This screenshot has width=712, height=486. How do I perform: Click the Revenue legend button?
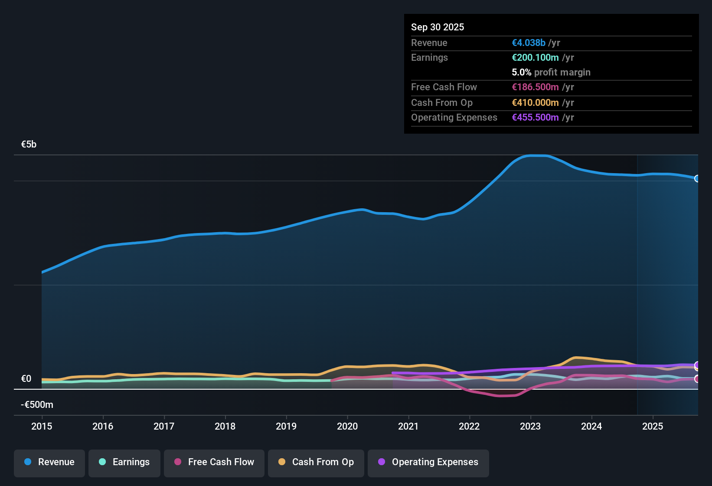point(49,462)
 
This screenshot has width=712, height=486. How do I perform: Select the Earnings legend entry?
point(124,462)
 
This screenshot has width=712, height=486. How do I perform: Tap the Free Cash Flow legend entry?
point(214,462)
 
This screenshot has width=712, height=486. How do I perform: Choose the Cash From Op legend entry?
point(316,462)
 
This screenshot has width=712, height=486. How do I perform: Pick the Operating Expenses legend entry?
point(428,462)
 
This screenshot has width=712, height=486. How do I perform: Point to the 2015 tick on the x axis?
point(42,426)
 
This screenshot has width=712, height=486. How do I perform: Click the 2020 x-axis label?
point(347,426)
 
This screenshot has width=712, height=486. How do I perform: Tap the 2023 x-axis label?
point(530,426)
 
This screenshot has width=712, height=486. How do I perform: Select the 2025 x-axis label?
point(653,426)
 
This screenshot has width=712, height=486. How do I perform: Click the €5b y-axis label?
point(29,144)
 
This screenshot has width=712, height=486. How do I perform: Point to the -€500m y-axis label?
point(37,405)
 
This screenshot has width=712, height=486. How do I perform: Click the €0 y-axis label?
point(26,379)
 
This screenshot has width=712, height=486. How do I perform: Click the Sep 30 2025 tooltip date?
point(438,27)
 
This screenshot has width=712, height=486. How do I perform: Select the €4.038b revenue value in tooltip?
point(529,43)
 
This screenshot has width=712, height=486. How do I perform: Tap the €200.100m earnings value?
point(535,58)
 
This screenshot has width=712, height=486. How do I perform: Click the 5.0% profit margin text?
point(551,72)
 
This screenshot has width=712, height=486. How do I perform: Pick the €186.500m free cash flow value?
point(535,87)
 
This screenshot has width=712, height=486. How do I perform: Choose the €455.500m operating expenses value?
point(535,118)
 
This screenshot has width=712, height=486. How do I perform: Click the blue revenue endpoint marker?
point(697,178)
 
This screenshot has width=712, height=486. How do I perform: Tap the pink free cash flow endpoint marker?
point(697,379)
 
